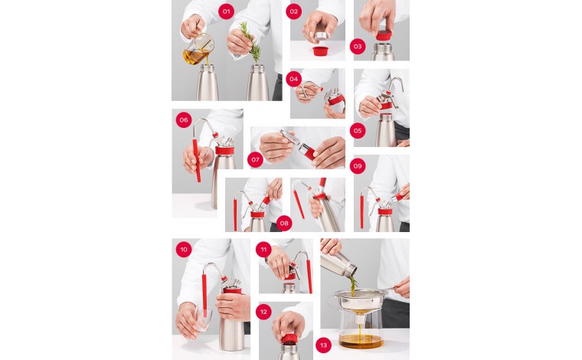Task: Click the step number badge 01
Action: pos(225,11)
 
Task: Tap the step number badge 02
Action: pos(293,11)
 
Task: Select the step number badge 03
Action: pos(358,47)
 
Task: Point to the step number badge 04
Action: pos(293,79)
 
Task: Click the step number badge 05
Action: pos(358,130)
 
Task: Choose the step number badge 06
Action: pos(183,120)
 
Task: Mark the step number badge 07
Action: pos(255,159)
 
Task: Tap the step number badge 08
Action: pos(285,224)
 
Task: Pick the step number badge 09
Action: pos(358,166)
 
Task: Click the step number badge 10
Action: pos(183,250)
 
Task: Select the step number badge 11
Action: pos(263,250)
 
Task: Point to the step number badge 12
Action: pos(263,311)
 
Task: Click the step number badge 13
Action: pos(323,345)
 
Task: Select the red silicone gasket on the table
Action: pos(319,51)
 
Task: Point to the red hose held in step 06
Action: pos(198,157)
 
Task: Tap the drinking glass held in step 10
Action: pos(194,322)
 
